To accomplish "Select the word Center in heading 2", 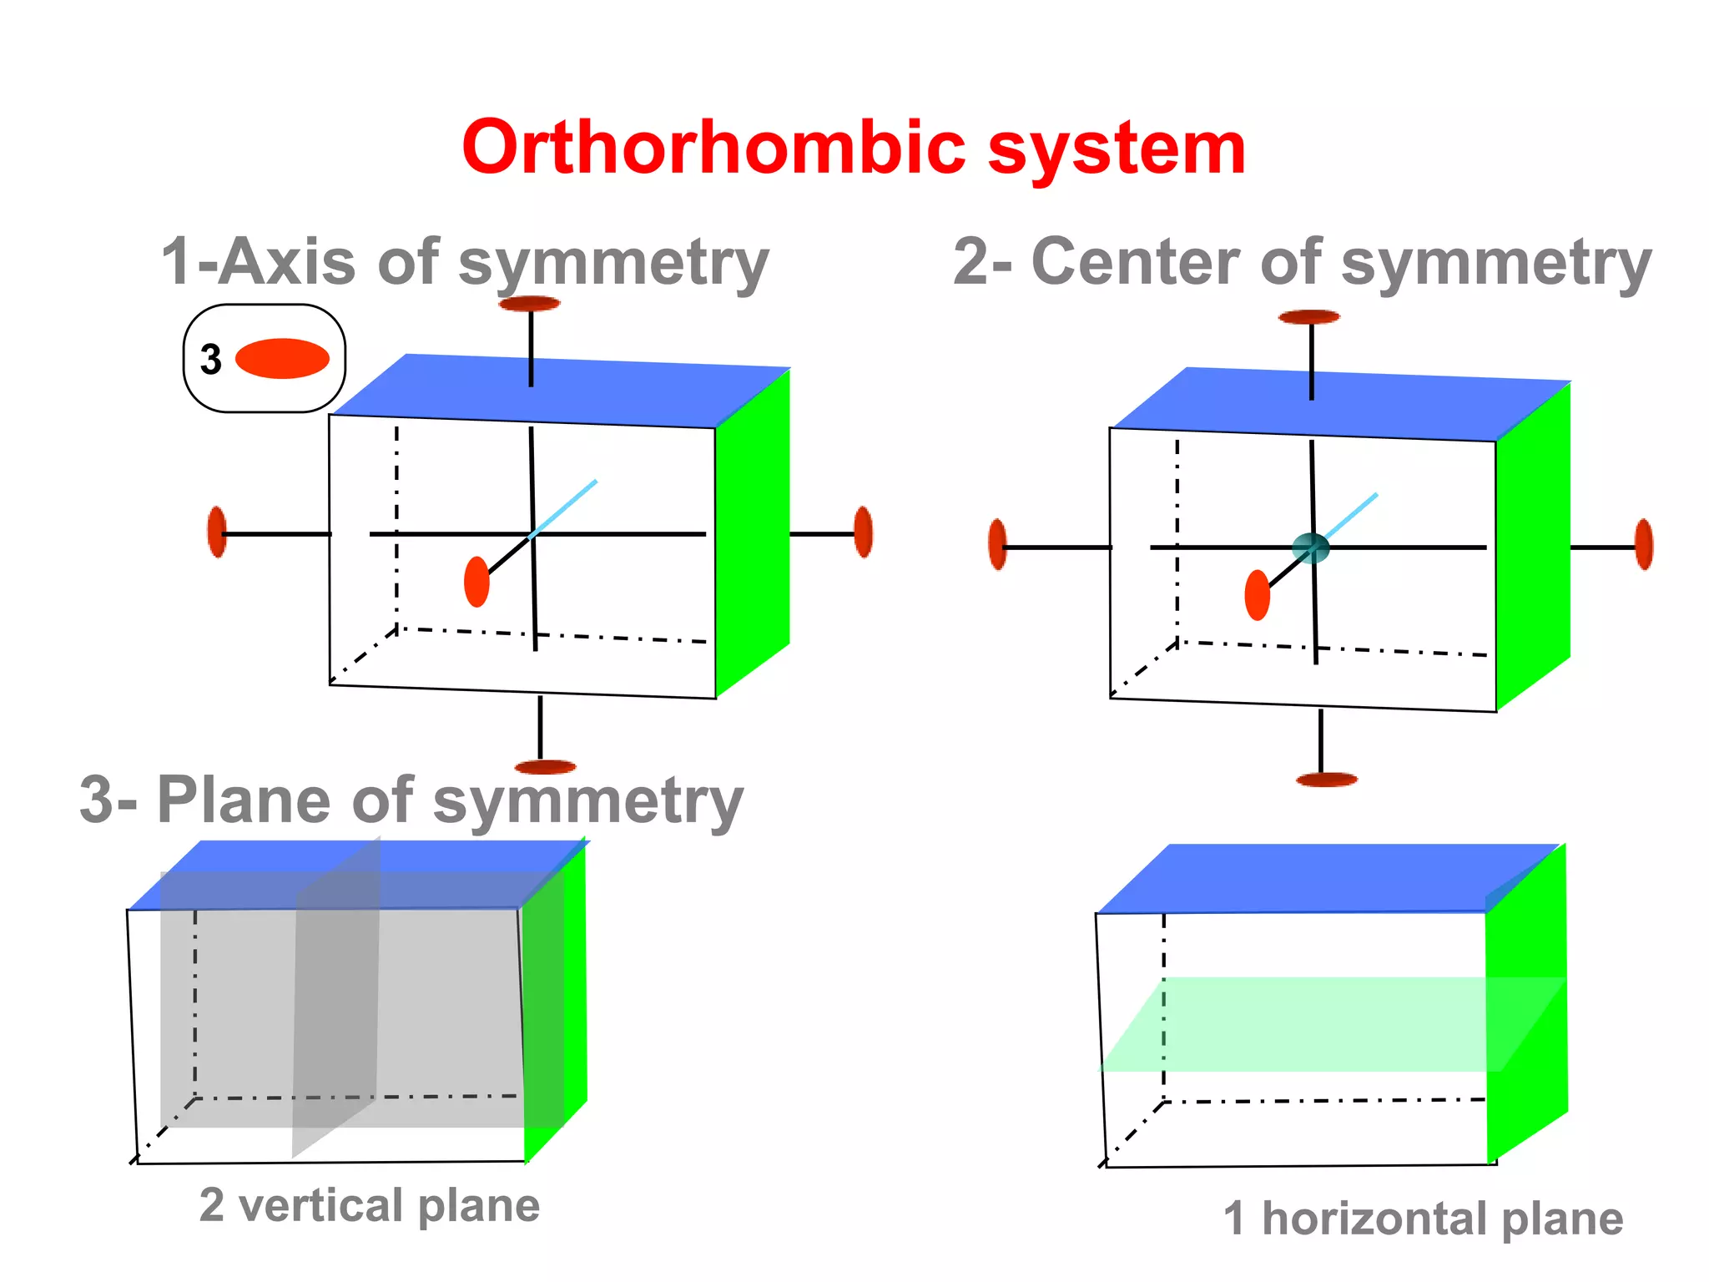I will (x=1136, y=262).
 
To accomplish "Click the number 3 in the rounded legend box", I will (x=211, y=360).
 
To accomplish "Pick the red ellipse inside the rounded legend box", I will (x=282, y=359).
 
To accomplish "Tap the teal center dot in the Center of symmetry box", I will (x=1310, y=548).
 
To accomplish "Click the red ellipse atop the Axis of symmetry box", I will (x=530, y=304).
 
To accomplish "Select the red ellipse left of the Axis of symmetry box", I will (x=217, y=532).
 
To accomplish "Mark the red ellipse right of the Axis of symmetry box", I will (x=864, y=532).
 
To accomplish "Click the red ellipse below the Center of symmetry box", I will (x=1327, y=780).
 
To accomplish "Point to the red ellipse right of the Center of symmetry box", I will (x=1644, y=544).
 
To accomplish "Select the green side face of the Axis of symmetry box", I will (x=753, y=534).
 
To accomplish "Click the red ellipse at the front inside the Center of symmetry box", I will (x=1257, y=595).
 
